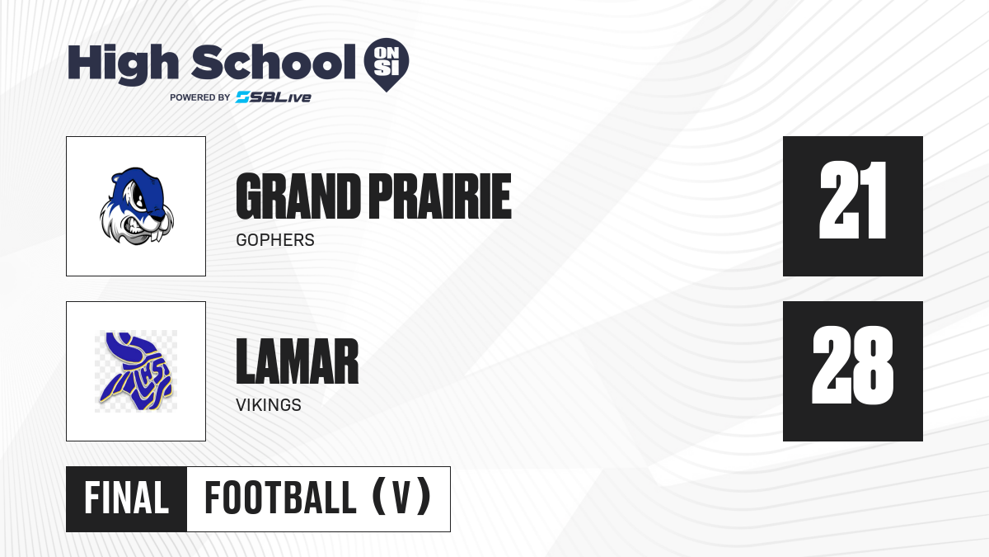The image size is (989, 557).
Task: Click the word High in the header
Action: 123,64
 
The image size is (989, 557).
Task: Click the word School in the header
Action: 274,62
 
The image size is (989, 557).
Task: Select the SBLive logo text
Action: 274,97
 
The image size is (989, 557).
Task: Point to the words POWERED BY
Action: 200,97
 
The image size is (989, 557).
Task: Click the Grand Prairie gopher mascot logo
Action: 137,206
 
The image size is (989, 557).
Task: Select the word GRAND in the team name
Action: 298,196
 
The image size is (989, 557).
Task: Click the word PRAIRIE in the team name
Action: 440,196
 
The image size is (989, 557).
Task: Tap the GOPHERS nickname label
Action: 275,240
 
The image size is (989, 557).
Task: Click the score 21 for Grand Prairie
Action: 852,201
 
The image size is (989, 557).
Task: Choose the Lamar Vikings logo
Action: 136,371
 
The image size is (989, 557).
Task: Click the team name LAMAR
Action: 298,361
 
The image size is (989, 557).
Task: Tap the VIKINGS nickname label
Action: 269,405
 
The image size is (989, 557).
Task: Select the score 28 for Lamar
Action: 852,365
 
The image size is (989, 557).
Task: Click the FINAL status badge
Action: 126,498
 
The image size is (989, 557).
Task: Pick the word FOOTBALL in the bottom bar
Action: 280,498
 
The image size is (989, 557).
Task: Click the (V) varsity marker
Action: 401,497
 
